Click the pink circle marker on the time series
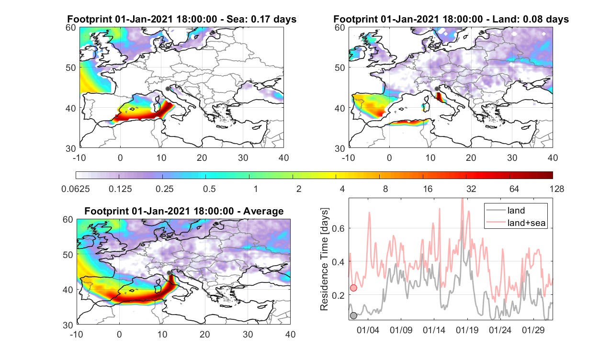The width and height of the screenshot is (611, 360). click(x=353, y=288)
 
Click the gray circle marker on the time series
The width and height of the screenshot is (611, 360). click(x=353, y=315)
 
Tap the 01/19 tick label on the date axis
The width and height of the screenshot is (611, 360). click(x=467, y=330)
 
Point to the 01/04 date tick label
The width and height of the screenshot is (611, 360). click(x=368, y=330)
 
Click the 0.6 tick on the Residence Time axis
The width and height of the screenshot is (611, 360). click(x=339, y=228)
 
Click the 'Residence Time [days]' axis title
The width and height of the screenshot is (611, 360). click(x=324, y=259)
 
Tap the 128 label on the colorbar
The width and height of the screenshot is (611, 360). click(x=557, y=189)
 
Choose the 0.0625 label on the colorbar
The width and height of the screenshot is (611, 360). click(x=76, y=189)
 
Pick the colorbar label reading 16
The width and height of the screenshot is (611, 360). click(x=428, y=189)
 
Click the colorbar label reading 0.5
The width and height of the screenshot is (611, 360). click(x=209, y=189)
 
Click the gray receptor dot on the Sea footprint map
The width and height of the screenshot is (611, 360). click(x=168, y=89)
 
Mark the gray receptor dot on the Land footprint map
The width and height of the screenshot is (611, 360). click(x=437, y=89)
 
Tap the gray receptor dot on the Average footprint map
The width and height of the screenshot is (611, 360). click(x=169, y=273)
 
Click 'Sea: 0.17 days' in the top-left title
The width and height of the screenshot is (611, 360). click(x=261, y=19)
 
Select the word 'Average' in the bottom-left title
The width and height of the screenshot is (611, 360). click(x=263, y=212)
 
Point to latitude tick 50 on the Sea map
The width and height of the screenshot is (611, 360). click(x=71, y=67)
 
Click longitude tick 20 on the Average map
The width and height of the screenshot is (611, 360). click(x=204, y=334)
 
